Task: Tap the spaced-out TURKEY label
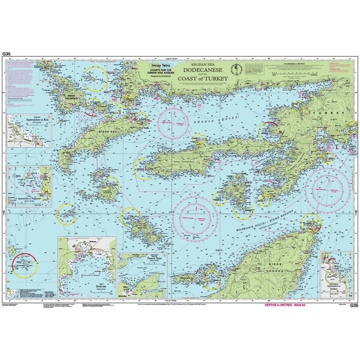(327, 113)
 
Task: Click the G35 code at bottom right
(354, 306)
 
